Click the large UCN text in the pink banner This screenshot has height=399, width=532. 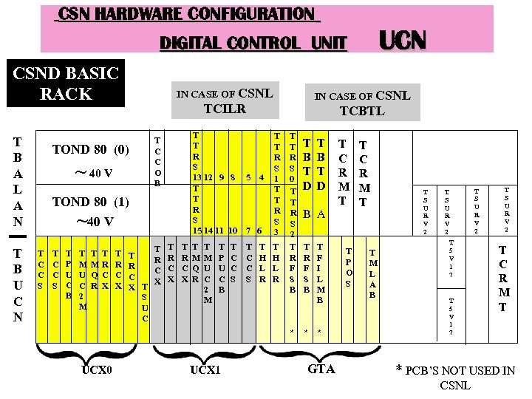point(403,40)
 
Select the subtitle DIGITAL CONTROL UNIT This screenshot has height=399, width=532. point(253,44)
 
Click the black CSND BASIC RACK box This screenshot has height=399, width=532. point(66,83)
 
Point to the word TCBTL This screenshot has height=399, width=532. point(362,111)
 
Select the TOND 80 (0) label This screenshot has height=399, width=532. point(92,150)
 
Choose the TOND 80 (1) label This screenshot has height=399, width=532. point(92,201)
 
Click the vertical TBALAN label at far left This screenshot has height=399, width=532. point(17,181)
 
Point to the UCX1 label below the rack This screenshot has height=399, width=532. point(205,368)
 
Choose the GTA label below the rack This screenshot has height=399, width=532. point(321,367)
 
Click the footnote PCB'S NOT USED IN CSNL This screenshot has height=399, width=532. point(455,377)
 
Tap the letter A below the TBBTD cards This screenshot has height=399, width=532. point(321,214)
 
